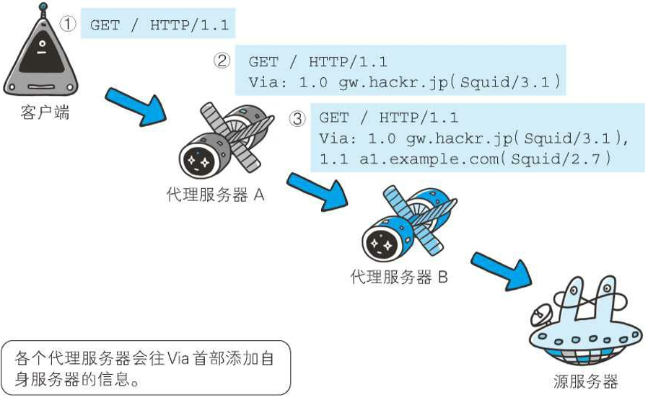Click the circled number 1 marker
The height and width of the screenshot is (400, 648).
click(x=68, y=25)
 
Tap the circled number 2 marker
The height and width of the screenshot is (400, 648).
click(x=222, y=61)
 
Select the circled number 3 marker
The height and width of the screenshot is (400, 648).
click(x=297, y=117)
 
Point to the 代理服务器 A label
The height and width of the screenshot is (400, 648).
click(x=214, y=195)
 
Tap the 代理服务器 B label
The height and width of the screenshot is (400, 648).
click(x=398, y=276)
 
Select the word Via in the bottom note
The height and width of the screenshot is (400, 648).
click(x=178, y=358)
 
